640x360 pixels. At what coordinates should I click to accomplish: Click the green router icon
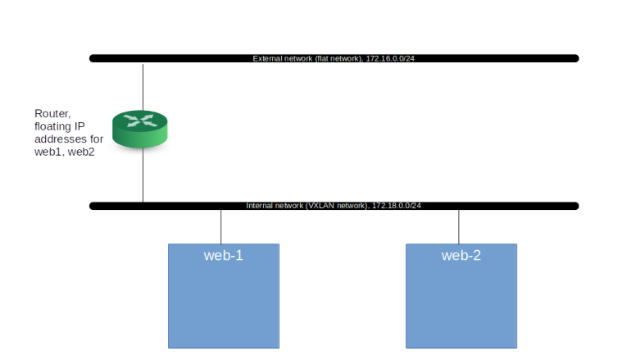click(x=143, y=131)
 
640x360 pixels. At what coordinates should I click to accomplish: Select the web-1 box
click(x=224, y=303)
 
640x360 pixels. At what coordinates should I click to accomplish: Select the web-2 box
click(x=461, y=303)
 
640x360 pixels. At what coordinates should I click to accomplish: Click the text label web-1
click(x=224, y=256)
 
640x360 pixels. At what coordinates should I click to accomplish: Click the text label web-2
click(x=461, y=256)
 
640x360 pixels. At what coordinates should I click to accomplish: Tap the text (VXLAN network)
click(x=338, y=206)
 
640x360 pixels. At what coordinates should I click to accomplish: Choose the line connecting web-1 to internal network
click(x=221, y=227)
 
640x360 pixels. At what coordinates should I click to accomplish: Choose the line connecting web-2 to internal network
click(x=459, y=227)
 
